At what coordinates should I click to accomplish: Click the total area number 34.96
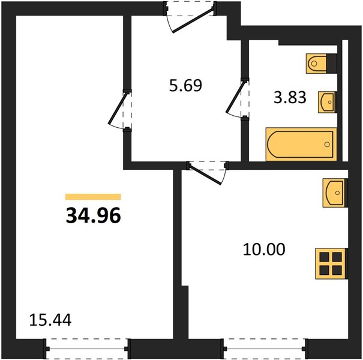tap(93, 215)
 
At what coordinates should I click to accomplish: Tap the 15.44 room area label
tap(50, 320)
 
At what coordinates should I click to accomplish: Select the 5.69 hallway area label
tap(185, 85)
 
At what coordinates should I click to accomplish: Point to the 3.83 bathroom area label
tap(290, 97)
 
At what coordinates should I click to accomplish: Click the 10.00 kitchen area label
tap(264, 250)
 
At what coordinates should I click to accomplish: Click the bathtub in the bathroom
tap(301, 144)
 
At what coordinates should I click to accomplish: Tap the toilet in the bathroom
tap(316, 64)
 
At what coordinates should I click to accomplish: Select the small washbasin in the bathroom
tap(327, 102)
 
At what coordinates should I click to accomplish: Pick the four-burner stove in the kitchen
tap(331, 263)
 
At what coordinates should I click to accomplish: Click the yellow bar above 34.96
tap(93, 197)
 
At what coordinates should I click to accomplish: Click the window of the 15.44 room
tap(87, 349)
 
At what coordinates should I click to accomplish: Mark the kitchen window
tap(265, 349)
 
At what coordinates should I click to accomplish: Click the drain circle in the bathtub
tap(327, 144)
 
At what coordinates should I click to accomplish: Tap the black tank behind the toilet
tap(331, 64)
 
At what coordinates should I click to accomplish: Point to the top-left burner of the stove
tap(325, 257)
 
